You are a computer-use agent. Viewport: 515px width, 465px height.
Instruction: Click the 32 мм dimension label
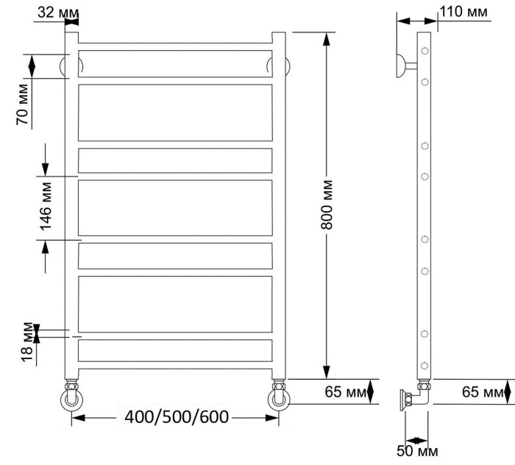pyautogui.click(x=55, y=12)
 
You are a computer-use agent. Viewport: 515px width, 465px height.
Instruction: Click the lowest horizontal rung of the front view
pyautogui.click(x=175, y=350)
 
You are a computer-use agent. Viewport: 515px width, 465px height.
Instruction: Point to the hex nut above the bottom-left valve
pyautogui.click(x=71, y=386)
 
